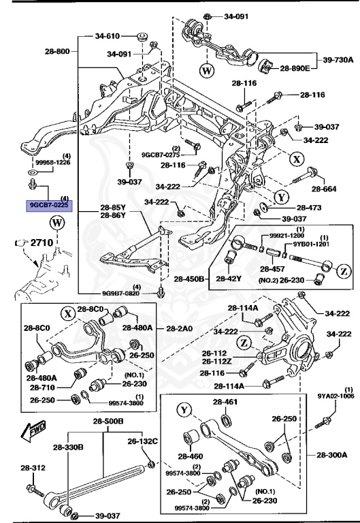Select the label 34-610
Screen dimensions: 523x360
108,35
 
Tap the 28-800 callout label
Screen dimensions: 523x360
58,51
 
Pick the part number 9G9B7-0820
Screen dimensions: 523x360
121,294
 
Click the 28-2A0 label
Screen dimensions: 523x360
178,328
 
